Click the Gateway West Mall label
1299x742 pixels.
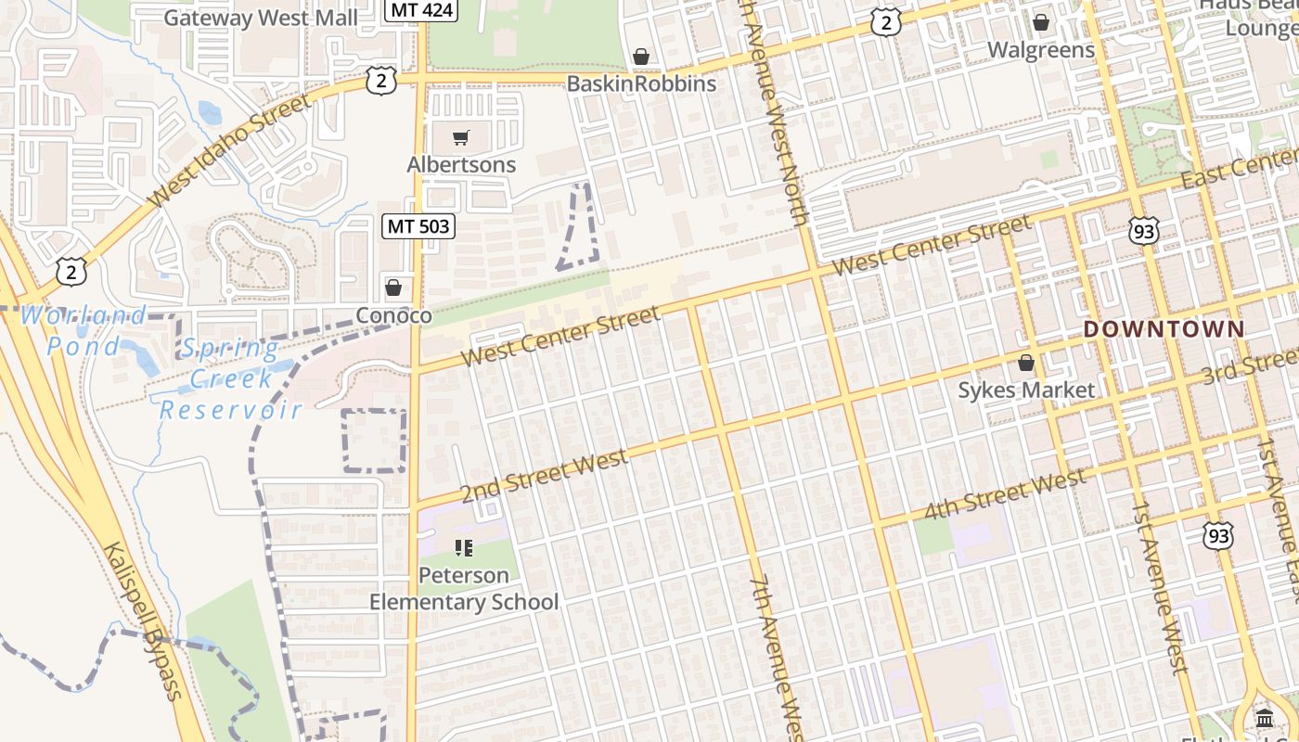pyautogui.click(x=261, y=18)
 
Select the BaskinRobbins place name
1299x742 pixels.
pyautogui.click(x=641, y=83)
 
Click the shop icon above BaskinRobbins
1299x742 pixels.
pyautogui.click(x=640, y=58)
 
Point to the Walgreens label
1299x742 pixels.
pyautogui.click(x=1041, y=49)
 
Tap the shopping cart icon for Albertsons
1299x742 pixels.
pyautogui.click(x=461, y=139)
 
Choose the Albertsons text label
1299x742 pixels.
pyautogui.click(x=461, y=164)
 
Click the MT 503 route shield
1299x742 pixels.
pyautogui.click(x=418, y=225)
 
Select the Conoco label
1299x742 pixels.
pyautogui.click(x=394, y=315)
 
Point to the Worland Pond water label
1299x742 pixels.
pyautogui.click(x=84, y=331)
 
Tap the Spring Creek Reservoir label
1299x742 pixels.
pyautogui.click(x=231, y=378)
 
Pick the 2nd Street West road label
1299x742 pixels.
pyautogui.click(x=544, y=476)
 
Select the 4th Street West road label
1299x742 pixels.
pyautogui.click(x=1004, y=495)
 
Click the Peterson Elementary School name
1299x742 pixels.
pyautogui.click(x=464, y=588)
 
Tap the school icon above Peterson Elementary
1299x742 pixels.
pyautogui.click(x=464, y=548)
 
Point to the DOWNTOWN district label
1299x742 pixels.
pyautogui.click(x=1164, y=328)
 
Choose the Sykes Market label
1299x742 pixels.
pyautogui.click(x=1026, y=390)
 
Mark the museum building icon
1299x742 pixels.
pyautogui.click(x=1264, y=719)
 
